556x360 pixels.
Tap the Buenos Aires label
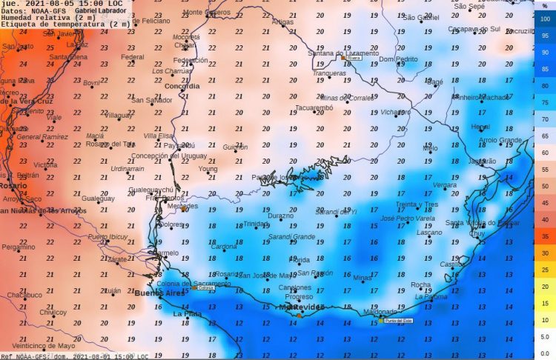click(159, 294)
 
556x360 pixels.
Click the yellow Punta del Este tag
click(394, 321)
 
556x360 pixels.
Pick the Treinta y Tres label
click(417, 204)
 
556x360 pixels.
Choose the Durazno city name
click(280, 216)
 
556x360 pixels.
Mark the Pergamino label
click(18, 247)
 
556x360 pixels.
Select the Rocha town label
click(420, 284)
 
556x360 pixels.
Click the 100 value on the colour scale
click(546, 19)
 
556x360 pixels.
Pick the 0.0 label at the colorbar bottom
click(545, 353)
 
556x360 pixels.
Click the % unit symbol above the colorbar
click(545, 5)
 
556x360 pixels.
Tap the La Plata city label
click(187, 314)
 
